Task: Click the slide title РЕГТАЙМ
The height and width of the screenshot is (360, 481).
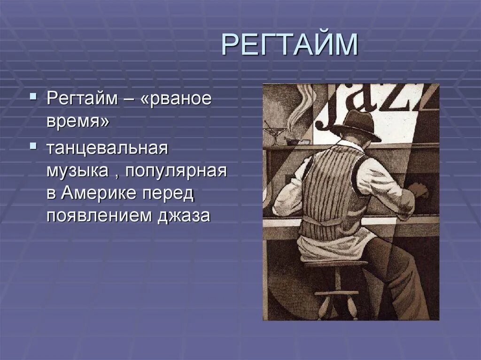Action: [289, 45]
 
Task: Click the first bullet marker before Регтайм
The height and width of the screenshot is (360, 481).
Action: [32, 97]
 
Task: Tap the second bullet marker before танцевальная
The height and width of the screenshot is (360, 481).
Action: [32, 146]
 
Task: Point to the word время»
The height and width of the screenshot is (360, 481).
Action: [78, 123]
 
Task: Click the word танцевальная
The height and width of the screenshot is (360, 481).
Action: [107, 149]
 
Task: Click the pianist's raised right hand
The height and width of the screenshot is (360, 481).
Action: [418, 190]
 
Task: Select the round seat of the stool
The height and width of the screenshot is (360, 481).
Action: [336, 264]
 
